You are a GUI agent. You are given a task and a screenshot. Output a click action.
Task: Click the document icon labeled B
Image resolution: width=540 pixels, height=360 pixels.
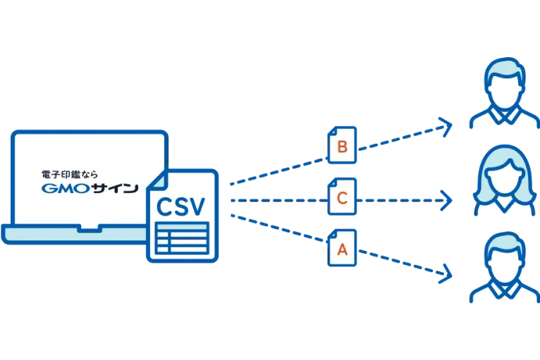pyautogui.click(x=342, y=146)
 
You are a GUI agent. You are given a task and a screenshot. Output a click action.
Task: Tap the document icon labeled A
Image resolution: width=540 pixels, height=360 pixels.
pyautogui.click(x=342, y=249)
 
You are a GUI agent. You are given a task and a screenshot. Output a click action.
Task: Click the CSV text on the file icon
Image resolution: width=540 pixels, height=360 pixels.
pyautogui.click(x=180, y=207)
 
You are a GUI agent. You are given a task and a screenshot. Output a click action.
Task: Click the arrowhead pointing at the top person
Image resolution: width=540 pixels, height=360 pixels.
pyautogui.click(x=444, y=126)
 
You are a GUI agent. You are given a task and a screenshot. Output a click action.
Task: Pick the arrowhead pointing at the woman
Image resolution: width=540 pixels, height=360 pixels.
pyautogui.click(x=446, y=199)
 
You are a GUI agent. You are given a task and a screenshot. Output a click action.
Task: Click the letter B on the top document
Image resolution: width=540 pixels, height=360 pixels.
pyautogui.click(x=343, y=147)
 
